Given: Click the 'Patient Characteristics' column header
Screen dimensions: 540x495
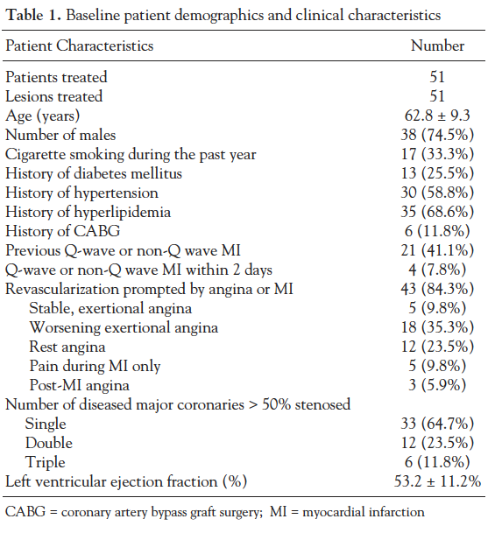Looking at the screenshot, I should pos(80,46).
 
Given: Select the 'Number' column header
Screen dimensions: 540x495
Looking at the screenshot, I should pos(437,46).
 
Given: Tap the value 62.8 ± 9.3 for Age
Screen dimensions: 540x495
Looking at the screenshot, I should pos(437,116).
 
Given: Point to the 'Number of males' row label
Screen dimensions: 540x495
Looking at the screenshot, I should pos(60,135).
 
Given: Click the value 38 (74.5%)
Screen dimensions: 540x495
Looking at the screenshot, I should pos(437,135).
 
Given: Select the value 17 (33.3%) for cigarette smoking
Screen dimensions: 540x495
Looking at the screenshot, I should pos(437,154).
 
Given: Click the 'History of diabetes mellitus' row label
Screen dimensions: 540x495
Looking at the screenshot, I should pos(94,173).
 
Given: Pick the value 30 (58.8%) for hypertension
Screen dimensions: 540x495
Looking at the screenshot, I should pos(437,193).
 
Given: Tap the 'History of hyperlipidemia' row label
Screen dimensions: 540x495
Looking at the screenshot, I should pos(88,212).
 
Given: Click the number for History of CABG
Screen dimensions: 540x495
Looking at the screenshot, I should pos(437,231).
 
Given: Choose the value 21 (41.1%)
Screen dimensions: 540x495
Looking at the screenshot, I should pos(437,250).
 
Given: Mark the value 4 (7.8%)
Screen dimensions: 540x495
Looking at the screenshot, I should pos(437,270).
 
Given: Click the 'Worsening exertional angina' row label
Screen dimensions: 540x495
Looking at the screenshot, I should pos(124,327).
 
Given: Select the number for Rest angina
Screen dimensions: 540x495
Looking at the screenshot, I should pos(437,347).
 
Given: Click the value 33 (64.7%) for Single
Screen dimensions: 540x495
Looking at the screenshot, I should pos(437,424).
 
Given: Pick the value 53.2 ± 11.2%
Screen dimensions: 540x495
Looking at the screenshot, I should pos(437,481).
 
